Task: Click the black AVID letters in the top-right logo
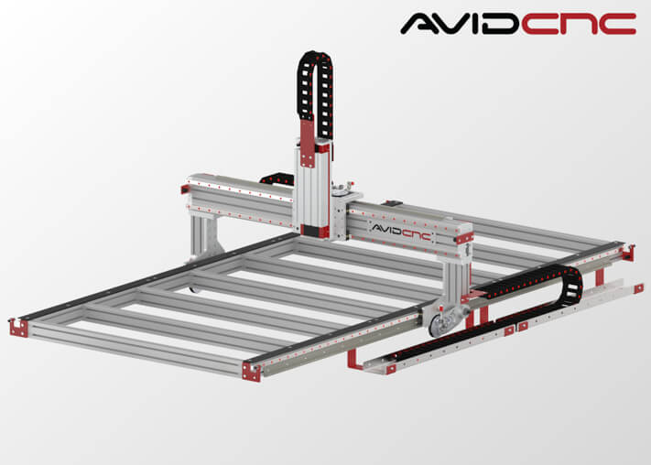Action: point(460,24)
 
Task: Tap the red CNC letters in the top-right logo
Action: point(579,24)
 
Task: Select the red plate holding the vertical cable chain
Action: point(308,143)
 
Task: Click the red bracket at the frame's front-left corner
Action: point(18,328)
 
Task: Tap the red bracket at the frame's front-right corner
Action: point(251,372)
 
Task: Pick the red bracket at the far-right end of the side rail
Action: point(628,253)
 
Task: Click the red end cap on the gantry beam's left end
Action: point(185,189)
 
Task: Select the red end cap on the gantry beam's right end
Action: point(464,238)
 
